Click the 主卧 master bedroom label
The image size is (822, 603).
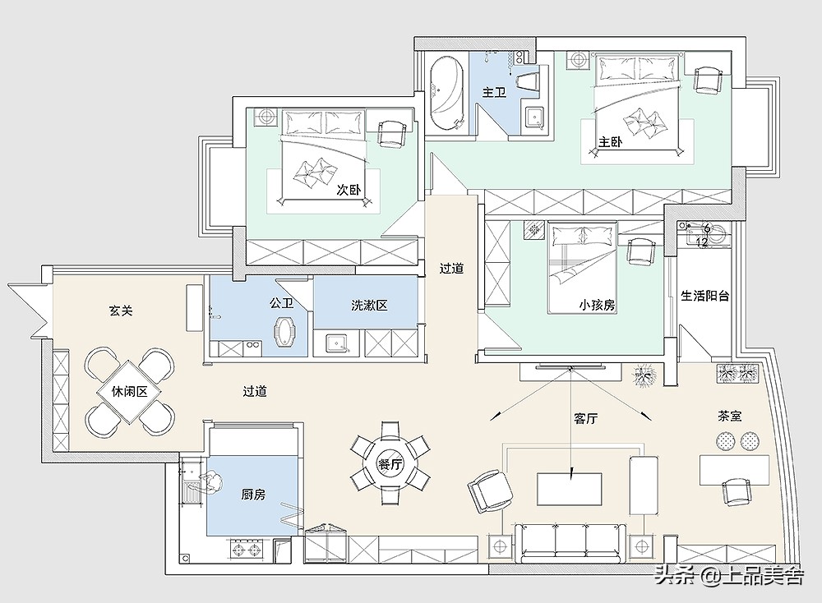611,142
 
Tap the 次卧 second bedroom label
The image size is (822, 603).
349,189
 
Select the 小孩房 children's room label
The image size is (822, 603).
597,305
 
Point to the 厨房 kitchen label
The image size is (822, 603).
253,494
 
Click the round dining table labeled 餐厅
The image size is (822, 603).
390,463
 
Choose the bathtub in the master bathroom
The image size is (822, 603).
447,93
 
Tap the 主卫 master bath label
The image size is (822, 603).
494,92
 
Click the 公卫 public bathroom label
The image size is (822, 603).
281,303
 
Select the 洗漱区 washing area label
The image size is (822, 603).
369,305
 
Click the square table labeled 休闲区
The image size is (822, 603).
129,391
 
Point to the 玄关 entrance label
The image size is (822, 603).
121,311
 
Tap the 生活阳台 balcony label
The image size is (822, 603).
705,296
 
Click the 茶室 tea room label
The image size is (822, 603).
730,417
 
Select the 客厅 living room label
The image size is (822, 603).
585,418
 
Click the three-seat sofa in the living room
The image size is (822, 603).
570,543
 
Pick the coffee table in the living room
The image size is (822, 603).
570,489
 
